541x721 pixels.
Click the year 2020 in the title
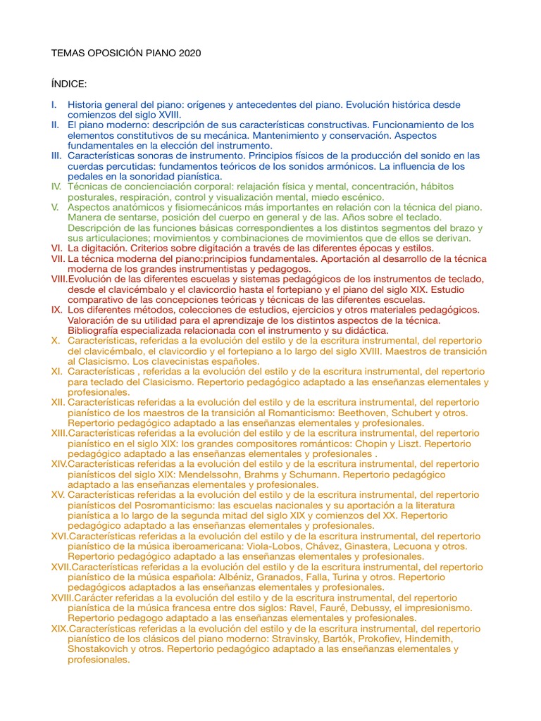click(x=189, y=53)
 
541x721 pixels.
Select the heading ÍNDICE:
click(x=69, y=84)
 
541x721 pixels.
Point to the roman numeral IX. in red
click(x=57, y=310)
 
